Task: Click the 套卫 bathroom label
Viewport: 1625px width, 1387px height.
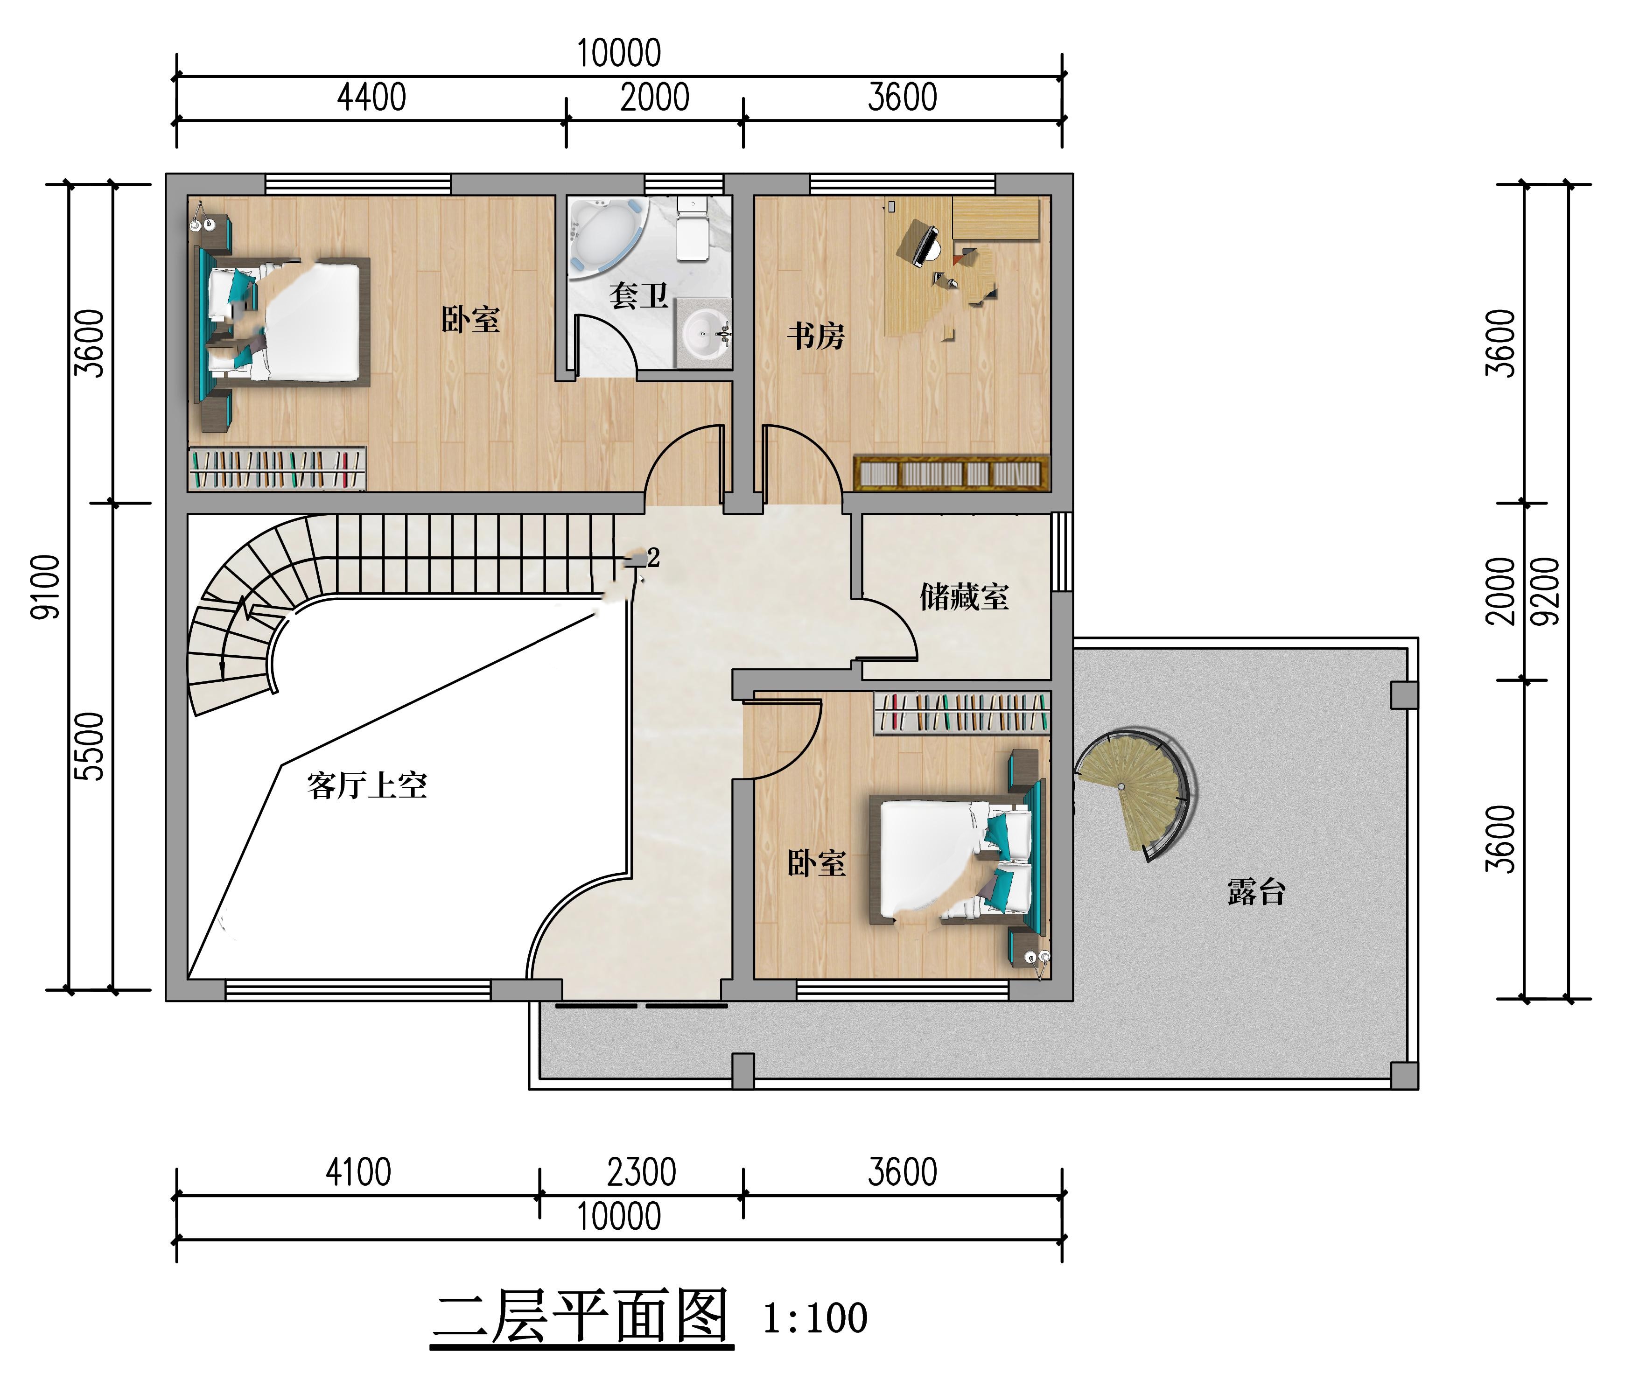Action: click(638, 295)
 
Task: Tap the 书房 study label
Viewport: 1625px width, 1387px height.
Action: click(816, 336)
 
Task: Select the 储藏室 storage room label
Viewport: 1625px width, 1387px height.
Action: click(964, 597)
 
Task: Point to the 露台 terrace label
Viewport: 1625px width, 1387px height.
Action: click(1256, 891)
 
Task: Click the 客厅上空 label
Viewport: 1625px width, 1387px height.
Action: click(367, 785)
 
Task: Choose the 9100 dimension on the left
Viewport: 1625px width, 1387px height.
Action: click(45, 587)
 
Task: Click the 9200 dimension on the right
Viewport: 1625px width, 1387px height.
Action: click(1546, 591)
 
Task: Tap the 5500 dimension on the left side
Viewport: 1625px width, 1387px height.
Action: click(90, 746)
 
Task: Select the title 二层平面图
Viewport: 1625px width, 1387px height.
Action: click(581, 1317)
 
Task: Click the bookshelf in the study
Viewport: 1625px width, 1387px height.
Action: click(951, 473)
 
